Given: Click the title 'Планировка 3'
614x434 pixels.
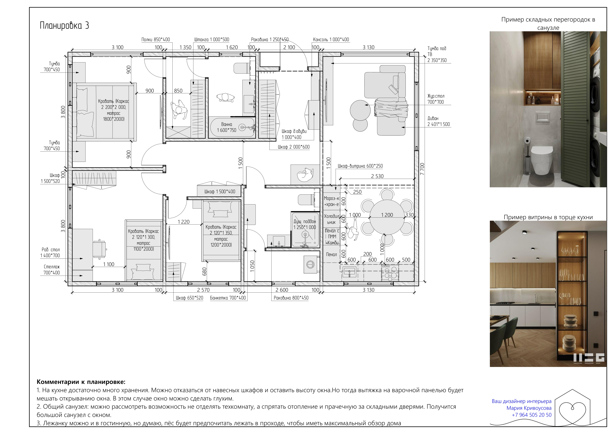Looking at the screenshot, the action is [64, 25].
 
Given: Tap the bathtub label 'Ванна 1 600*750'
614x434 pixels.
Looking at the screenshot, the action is [226, 127].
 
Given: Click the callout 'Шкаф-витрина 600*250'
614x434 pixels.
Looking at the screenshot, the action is [360, 166].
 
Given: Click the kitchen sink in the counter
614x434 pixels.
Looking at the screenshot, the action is [349, 272].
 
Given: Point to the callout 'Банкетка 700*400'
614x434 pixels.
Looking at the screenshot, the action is [228, 298].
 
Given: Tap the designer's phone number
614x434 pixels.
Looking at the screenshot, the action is [532, 415].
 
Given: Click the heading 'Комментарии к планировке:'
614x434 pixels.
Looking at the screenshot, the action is [81, 382].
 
